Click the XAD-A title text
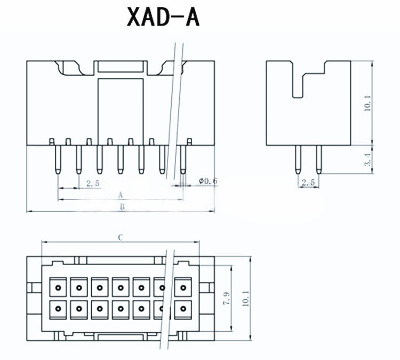coord(163,17)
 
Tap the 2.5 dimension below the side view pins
coord(308,183)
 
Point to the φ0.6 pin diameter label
coord(207,181)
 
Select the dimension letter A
coord(121,195)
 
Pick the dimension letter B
coord(122,207)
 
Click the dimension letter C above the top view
coord(121,237)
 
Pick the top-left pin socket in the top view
coord(58,287)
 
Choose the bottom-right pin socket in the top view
coord(183,308)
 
